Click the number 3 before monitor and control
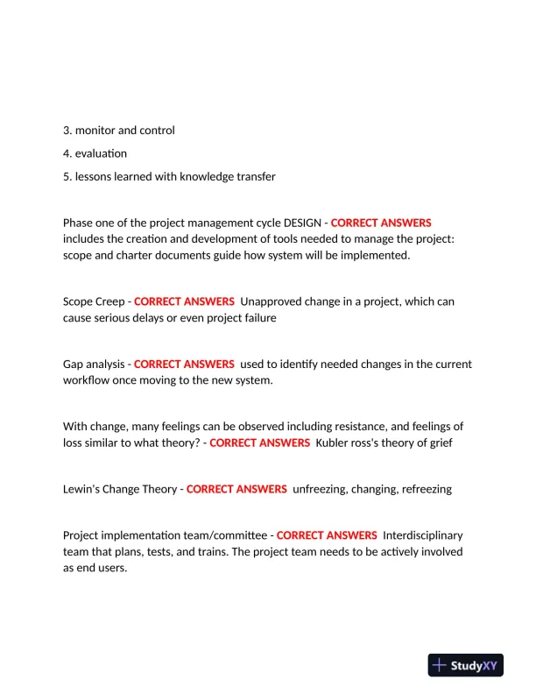click(x=67, y=131)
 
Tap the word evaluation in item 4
click(x=101, y=153)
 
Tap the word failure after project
click(x=256, y=318)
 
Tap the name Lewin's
click(x=83, y=489)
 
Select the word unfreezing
click(x=319, y=489)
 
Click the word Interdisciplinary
click(x=423, y=535)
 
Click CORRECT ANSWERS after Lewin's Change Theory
click(x=236, y=489)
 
